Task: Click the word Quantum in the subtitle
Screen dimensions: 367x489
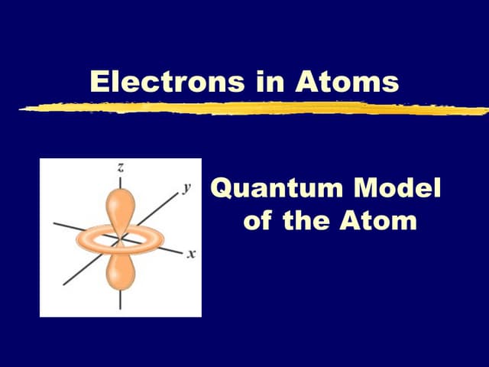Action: click(x=273, y=187)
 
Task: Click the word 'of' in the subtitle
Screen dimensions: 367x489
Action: click(x=259, y=222)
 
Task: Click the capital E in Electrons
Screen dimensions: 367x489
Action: click(x=99, y=82)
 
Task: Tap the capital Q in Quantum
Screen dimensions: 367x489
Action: click(x=223, y=188)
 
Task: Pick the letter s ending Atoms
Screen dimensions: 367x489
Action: click(x=391, y=84)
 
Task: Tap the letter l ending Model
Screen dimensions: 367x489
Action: click(x=437, y=187)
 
